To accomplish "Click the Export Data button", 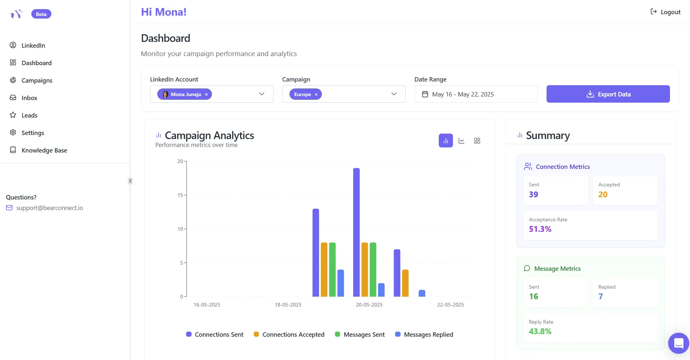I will (x=608, y=94).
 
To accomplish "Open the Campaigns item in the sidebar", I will (x=36, y=80).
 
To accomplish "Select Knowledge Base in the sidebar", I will (x=44, y=150).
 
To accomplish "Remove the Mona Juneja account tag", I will (x=206, y=94).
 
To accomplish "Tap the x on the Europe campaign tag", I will (x=316, y=94).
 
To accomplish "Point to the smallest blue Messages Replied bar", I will (x=422, y=293).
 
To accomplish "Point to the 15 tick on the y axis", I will (x=180, y=195).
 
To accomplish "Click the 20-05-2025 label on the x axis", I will (x=369, y=305).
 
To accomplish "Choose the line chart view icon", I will (x=461, y=141).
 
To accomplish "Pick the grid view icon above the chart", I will (x=477, y=141).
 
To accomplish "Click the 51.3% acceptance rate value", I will (x=540, y=229).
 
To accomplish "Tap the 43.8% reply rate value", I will (x=540, y=331).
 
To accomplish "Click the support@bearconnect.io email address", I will (x=50, y=208).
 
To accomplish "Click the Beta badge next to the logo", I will (x=41, y=14).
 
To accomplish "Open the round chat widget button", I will (x=678, y=343).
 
